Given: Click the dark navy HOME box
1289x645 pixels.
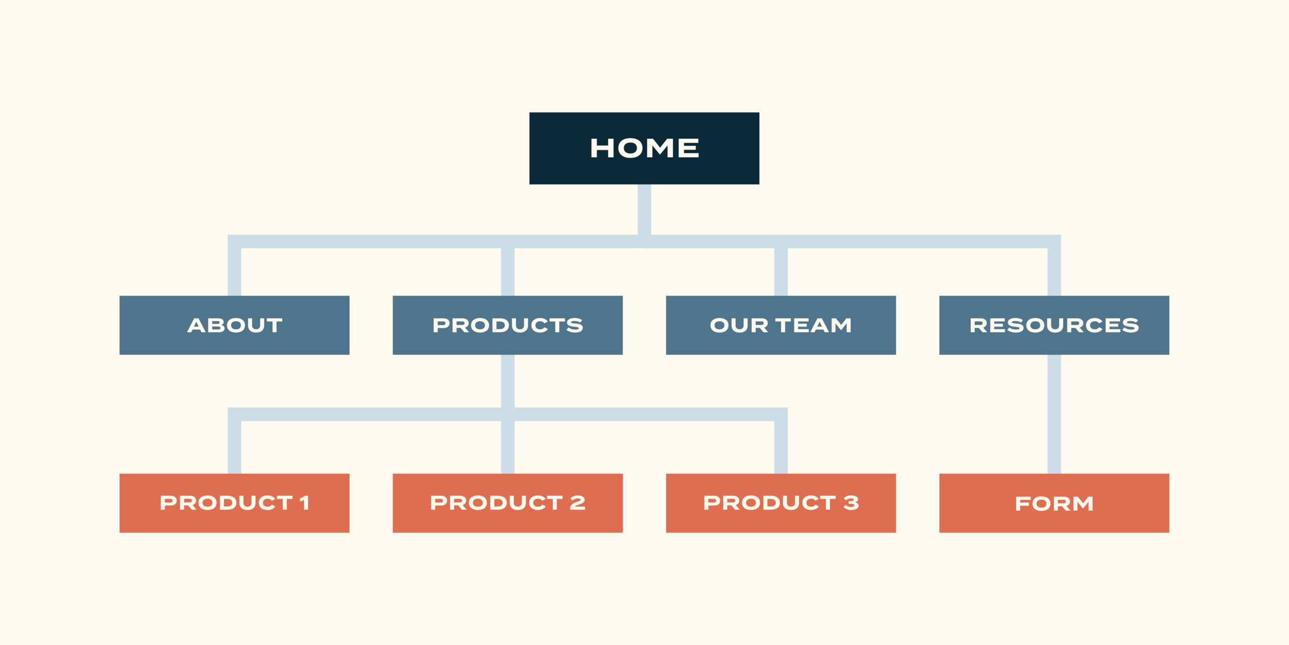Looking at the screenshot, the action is [x=644, y=148].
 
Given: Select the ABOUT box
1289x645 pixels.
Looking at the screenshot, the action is [x=234, y=325].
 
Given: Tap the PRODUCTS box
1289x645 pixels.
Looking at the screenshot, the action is [x=508, y=325].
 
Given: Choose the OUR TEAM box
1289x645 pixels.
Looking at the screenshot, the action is [x=781, y=325].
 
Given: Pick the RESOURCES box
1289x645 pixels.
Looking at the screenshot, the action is [x=1054, y=325].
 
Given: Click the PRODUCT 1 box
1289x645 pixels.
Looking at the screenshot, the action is [x=234, y=503].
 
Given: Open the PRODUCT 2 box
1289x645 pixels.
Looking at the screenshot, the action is [x=508, y=503].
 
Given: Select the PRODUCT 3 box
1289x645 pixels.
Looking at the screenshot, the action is [x=781, y=503].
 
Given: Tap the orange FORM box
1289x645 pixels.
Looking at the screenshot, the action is [x=1054, y=503].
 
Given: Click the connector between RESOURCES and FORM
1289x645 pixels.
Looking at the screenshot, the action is [x=1054, y=414].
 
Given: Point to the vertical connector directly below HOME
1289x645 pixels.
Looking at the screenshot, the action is [x=644, y=210].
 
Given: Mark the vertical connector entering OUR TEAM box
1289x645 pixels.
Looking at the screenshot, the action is [x=781, y=272].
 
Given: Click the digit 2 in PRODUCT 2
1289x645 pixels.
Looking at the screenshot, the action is [x=578, y=502].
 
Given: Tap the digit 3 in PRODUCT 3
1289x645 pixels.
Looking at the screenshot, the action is [x=851, y=502].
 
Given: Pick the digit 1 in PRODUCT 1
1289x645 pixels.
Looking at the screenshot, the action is [x=304, y=502].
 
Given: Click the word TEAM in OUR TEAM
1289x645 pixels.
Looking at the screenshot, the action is [x=814, y=325].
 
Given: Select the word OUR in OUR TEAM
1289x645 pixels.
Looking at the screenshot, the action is [x=739, y=325].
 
